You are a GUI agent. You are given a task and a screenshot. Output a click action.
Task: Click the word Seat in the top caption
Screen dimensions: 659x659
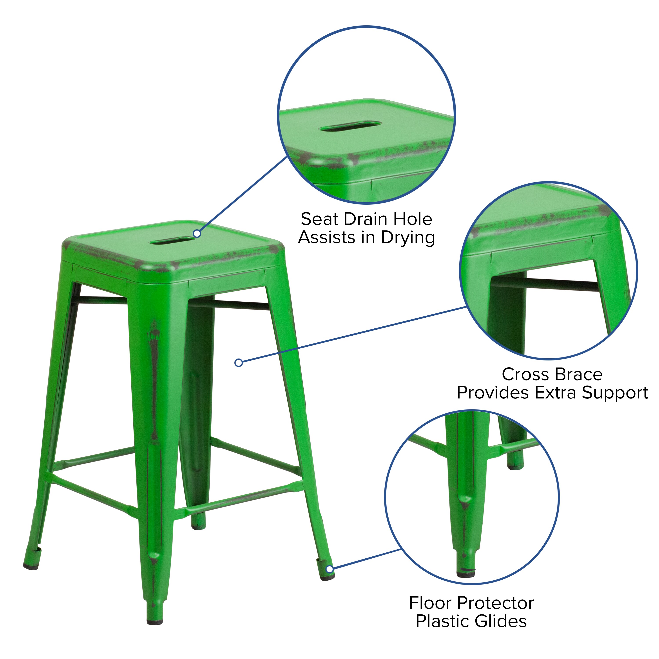[x=319, y=219]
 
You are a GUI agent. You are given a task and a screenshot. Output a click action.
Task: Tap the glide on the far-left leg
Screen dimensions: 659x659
[x=31, y=568]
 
